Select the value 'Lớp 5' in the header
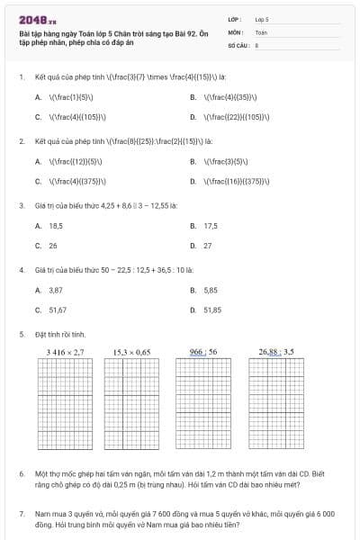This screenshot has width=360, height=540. pyautogui.click(x=262, y=19)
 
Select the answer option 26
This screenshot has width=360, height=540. pyautogui.click(x=52, y=245)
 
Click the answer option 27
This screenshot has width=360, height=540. pyautogui.click(x=208, y=245)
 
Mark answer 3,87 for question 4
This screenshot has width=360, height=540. pyautogui.click(x=56, y=291)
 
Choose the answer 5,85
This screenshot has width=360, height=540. pyautogui.click(x=211, y=291)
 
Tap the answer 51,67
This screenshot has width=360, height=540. pyautogui.click(x=58, y=310)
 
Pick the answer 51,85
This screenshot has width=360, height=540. pyautogui.click(x=212, y=310)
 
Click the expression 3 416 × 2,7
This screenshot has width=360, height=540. pyautogui.click(x=65, y=352)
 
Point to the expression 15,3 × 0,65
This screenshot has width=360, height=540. pyautogui.click(x=131, y=352)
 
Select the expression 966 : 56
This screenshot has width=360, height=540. pyautogui.click(x=203, y=352)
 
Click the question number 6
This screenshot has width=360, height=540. pyautogui.click(x=21, y=472)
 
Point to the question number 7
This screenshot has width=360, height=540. pyautogui.click(x=21, y=513)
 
